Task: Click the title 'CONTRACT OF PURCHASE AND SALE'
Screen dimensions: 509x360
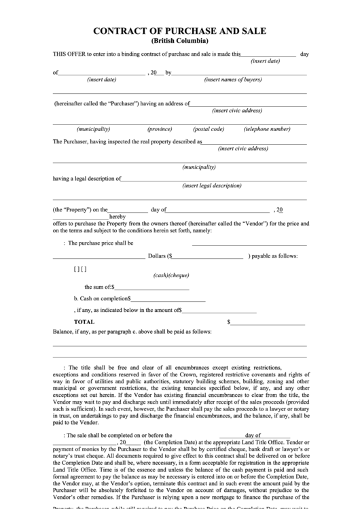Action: pyautogui.click(x=179, y=31)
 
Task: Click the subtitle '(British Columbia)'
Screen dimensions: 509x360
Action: pyautogui.click(x=179, y=41)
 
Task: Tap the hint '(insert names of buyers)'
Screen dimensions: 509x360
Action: pyautogui.click(x=233, y=80)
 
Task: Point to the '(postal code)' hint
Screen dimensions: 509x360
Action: pyautogui.click(x=208, y=129)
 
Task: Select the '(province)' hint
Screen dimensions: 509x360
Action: pyautogui.click(x=160, y=129)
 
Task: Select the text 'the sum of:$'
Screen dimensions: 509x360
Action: pyautogui.click(x=99, y=287)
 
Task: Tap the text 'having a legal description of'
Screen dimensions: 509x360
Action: pyautogui.click(x=86, y=179)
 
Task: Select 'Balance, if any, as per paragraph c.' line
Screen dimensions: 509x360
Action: pyautogui.click(x=132, y=332)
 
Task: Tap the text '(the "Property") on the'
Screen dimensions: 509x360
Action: pyautogui.click(x=79, y=210)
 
